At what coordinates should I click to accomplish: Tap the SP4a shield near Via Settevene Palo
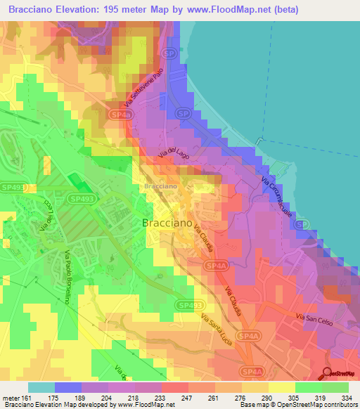pos(120,113)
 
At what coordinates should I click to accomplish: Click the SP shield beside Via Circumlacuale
pos(301,224)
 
